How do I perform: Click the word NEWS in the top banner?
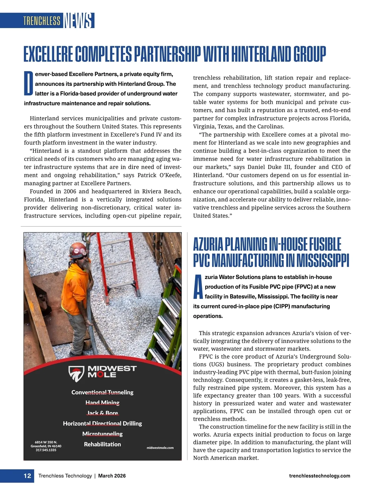point(79,21)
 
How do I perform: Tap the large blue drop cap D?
point(28,83)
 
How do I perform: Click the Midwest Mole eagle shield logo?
point(76,374)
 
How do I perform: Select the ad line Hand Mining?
point(102,402)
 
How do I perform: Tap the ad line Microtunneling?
point(102,434)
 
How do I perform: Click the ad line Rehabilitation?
point(102,444)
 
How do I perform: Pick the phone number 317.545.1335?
point(46,450)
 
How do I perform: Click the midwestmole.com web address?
point(160,448)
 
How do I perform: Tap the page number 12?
point(27,476)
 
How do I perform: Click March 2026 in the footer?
point(112,476)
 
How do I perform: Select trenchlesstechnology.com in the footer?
point(319,476)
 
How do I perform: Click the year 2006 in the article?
point(70,191)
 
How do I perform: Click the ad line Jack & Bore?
point(102,413)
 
